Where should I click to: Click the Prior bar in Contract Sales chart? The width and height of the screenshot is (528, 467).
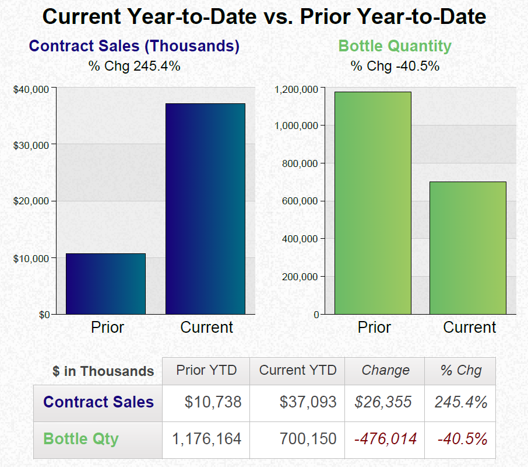[105, 284]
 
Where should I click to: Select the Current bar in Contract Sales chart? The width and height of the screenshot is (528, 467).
[205, 208]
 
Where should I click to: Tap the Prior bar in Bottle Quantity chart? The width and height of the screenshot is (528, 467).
[373, 203]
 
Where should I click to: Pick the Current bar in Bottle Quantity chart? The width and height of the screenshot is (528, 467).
[467, 248]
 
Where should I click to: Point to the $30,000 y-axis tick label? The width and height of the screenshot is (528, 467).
[32, 145]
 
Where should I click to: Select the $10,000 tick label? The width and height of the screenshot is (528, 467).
[32, 259]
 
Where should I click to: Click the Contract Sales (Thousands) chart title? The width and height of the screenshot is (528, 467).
[134, 46]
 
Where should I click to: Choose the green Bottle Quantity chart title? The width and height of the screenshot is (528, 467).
[395, 46]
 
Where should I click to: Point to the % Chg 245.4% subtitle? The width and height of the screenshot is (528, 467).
[134, 66]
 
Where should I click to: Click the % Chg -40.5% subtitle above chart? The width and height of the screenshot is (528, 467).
[395, 66]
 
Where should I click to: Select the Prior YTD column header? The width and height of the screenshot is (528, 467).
[206, 370]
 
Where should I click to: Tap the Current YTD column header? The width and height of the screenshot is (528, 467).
[298, 370]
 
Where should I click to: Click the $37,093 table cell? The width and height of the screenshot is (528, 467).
[308, 402]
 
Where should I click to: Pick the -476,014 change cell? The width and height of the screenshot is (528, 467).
[385, 439]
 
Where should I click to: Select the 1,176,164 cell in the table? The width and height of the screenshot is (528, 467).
[206, 439]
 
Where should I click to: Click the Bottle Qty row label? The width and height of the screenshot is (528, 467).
[81, 439]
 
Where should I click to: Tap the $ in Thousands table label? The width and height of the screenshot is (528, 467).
[103, 371]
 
